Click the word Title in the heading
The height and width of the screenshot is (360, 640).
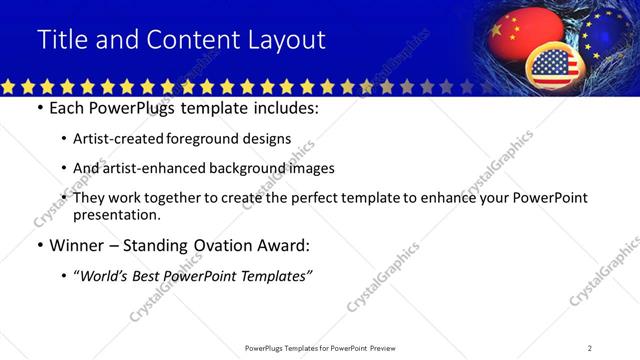61,40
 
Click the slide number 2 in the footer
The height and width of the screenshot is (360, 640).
589,348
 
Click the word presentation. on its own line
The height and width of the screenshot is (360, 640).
116,214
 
